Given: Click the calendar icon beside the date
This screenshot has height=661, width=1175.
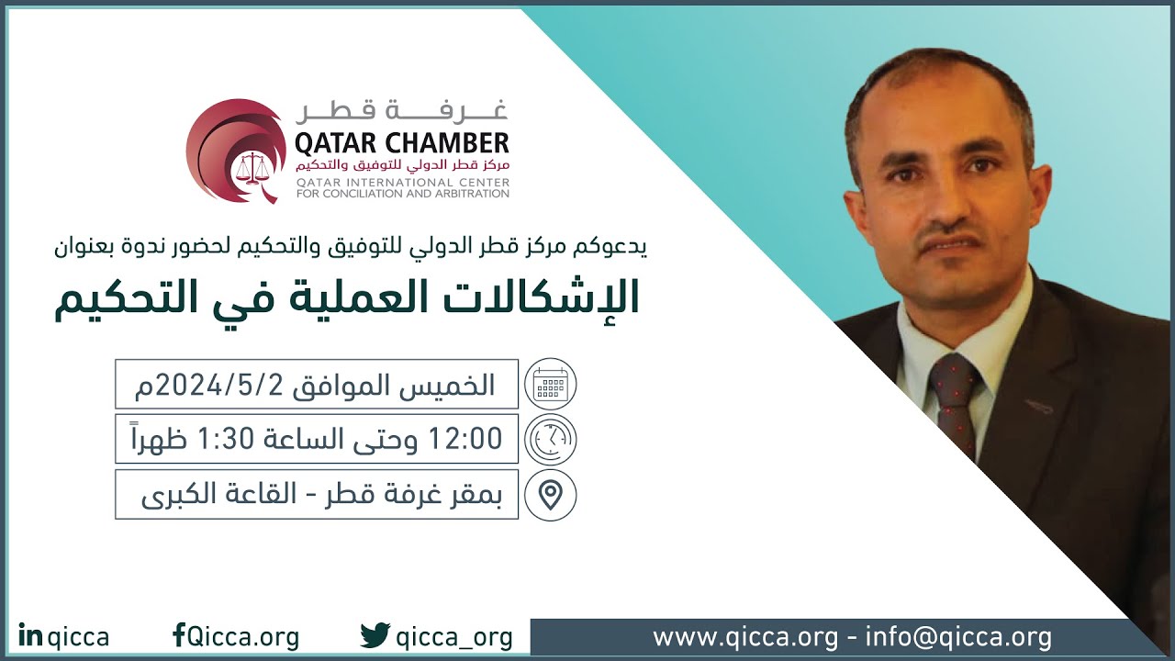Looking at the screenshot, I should (x=550, y=385).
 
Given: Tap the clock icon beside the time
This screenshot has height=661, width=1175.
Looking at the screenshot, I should (x=550, y=440).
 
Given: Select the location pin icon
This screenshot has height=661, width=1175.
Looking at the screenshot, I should (x=550, y=495).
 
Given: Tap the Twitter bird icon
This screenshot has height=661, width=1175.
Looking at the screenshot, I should (x=375, y=635).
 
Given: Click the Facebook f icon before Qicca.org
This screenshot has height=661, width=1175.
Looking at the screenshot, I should (x=178, y=635).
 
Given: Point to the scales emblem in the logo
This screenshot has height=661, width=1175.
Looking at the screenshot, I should (x=247, y=167).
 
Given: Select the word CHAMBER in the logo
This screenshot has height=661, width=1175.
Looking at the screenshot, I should (x=449, y=144).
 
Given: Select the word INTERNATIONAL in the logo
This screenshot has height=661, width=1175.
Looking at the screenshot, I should (x=396, y=183).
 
